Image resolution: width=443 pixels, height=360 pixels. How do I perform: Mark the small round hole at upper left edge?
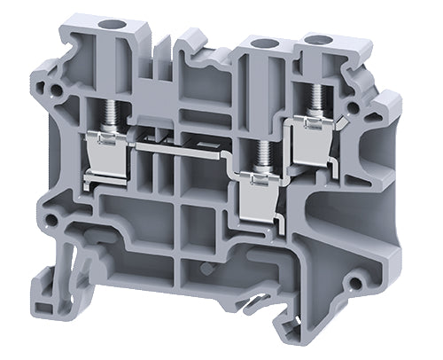(x=58, y=90)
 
